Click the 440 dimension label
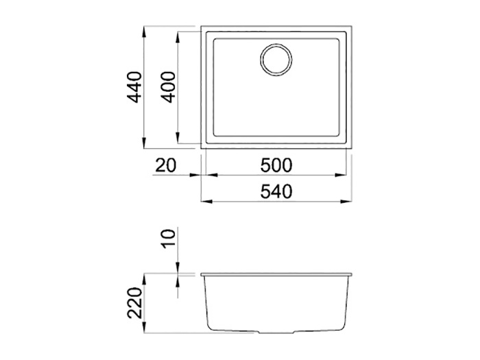click(x=134, y=87)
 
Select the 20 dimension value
click(x=167, y=166)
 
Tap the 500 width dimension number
click(x=277, y=166)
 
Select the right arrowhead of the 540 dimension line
click(x=350, y=202)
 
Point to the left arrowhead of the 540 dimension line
click(x=204, y=202)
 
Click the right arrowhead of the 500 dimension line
click(x=344, y=176)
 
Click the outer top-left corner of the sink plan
click(x=202, y=28)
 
